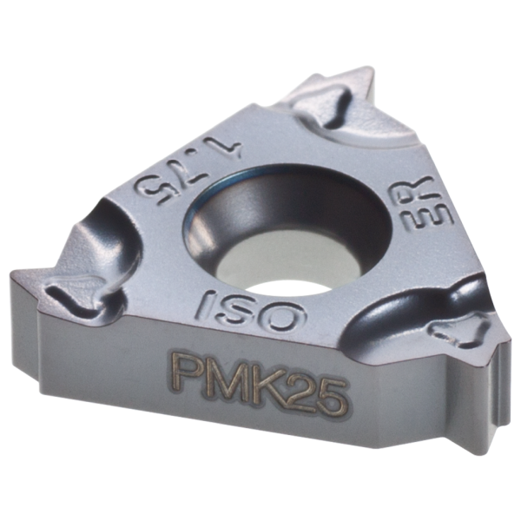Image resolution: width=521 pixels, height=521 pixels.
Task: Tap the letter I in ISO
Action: click(x=205, y=301)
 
